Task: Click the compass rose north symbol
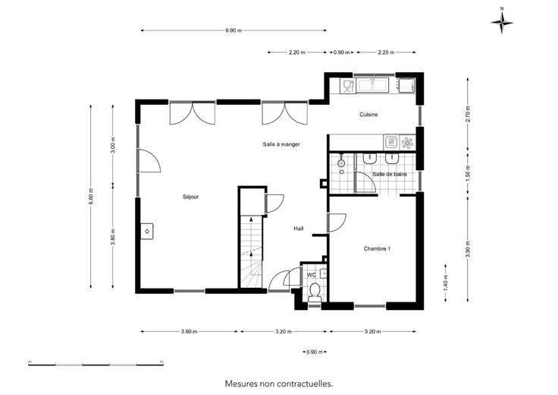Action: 502,22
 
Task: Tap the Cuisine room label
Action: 368,115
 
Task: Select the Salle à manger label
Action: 281,144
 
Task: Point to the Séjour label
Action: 190,197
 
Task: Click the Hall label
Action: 299,229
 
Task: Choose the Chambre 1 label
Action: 377,248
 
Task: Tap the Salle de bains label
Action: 390,174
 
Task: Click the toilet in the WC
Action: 314,291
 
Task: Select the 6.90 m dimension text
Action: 234,30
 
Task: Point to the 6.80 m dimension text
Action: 91,196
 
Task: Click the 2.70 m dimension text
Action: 468,114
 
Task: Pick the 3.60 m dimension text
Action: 189,331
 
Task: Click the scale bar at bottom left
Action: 96,364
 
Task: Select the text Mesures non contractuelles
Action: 279,384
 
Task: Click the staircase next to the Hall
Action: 251,251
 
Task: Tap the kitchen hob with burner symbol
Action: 407,143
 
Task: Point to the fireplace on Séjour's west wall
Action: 146,231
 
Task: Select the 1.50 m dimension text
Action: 468,172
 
